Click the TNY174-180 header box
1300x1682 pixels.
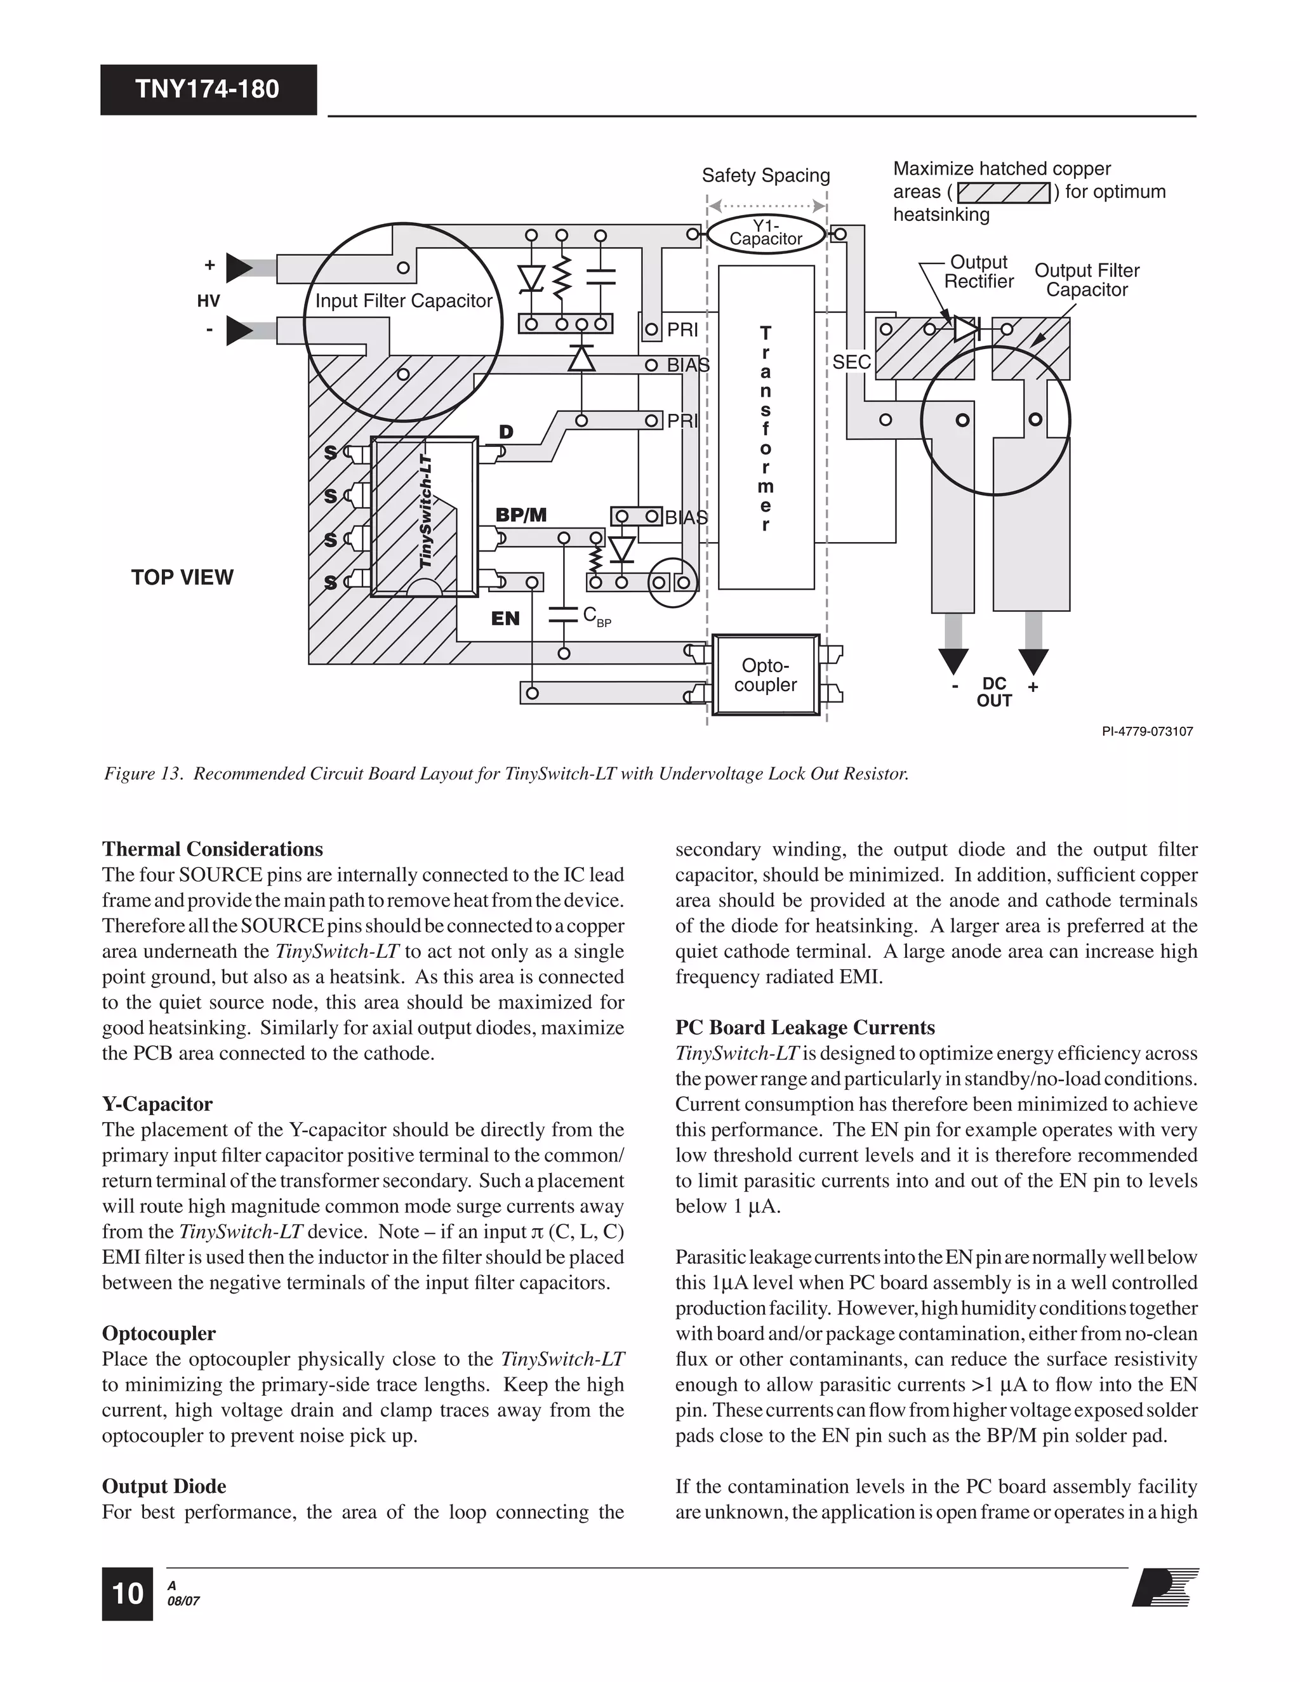[x=208, y=89]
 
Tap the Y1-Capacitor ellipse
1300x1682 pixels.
[x=766, y=232]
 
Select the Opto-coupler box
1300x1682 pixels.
[x=765, y=675]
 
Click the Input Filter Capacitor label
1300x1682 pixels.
[x=404, y=301]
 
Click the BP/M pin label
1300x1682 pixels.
[x=521, y=515]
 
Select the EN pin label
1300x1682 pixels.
[x=505, y=618]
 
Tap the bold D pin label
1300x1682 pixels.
[x=506, y=432]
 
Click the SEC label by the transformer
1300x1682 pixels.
[x=851, y=362]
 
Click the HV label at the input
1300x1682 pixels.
[x=209, y=301]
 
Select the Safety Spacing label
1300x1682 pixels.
[x=766, y=176]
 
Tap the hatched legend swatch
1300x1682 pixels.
[x=1004, y=192]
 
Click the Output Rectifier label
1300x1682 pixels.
[x=979, y=272]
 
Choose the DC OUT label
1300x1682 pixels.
[x=994, y=692]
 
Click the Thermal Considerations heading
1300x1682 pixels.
[x=213, y=849]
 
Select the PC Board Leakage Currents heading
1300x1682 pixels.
[x=805, y=1028]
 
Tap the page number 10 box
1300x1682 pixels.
[x=127, y=1593]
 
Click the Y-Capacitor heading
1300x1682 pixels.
[x=157, y=1104]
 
